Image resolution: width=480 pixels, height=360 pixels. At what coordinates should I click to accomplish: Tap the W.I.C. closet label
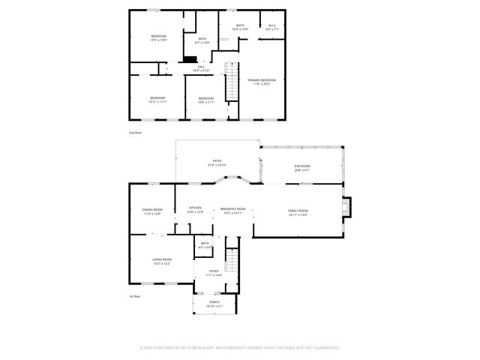pyautogui.click(x=271, y=25)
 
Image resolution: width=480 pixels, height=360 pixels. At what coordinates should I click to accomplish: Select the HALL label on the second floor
pyautogui.click(x=201, y=67)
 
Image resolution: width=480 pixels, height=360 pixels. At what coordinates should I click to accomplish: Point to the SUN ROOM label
pyautogui.click(x=302, y=166)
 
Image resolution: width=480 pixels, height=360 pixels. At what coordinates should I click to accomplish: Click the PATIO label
pyautogui.click(x=217, y=160)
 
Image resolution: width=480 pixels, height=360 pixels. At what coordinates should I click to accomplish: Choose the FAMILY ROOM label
pyautogui.click(x=298, y=211)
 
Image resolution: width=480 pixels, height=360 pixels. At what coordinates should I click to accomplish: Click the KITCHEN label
pyautogui.click(x=195, y=208)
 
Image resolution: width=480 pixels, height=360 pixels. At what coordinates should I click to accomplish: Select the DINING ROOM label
pyautogui.click(x=153, y=209)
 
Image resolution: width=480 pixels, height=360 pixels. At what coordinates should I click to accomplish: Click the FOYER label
pyautogui.click(x=214, y=271)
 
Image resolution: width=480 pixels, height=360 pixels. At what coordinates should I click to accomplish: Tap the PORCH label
pyautogui.click(x=214, y=301)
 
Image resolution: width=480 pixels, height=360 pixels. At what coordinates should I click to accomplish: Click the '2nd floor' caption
pyautogui.click(x=136, y=132)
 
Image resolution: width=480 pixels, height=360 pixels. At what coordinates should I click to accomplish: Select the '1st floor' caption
pyautogui.click(x=136, y=295)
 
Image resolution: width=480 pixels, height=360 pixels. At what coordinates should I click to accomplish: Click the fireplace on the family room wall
pyautogui.click(x=346, y=205)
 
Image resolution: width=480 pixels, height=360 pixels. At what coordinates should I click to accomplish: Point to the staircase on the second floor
pyautogui.click(x=232, y=90)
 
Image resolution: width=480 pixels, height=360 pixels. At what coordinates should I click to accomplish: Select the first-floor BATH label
pyautogui.click(x=205, y=244)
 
